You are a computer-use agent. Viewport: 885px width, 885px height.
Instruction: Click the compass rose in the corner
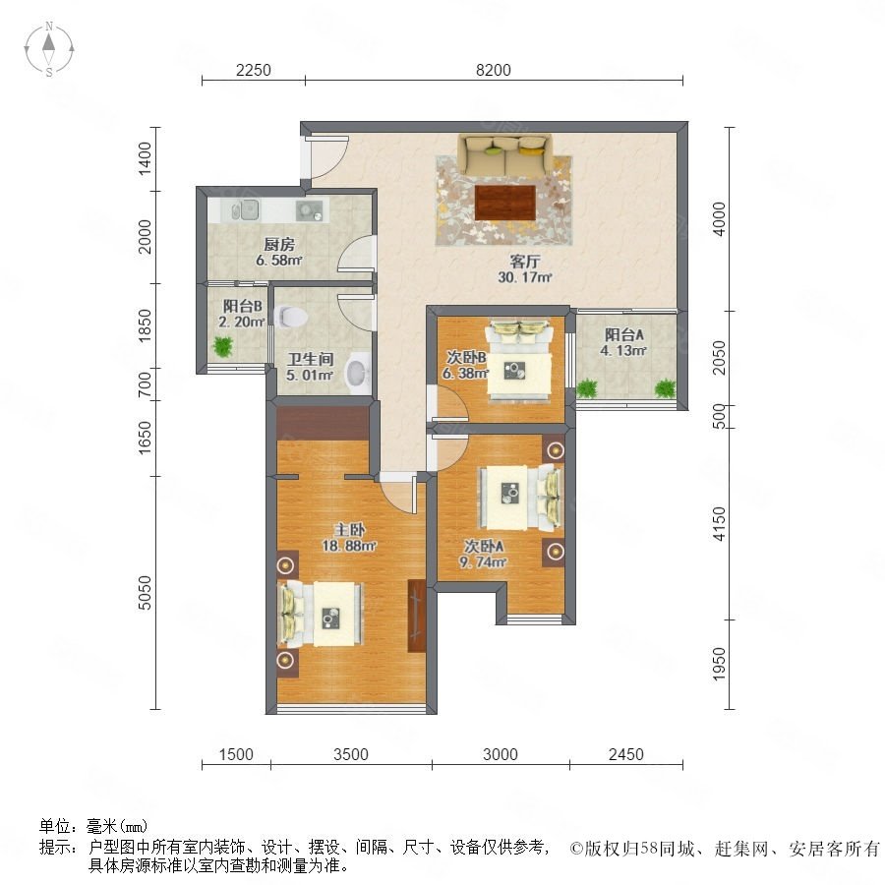[x=49, y=49]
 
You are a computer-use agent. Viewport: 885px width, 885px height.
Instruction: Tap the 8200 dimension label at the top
[x=494, y=70]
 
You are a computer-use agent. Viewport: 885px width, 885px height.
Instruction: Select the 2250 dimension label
[x=254, y=70]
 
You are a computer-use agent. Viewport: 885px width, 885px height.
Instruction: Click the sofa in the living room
[x=504, y=154]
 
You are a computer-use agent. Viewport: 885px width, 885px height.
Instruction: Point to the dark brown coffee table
[x=505, y=203]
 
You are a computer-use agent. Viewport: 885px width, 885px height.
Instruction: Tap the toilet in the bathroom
[x=290, y=317]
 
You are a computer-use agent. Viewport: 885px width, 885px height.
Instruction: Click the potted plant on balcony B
[x=223, y=346]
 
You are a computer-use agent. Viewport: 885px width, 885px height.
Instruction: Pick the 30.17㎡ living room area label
[x=524, y=277]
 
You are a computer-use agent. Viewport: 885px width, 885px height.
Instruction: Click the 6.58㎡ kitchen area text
[x=279, y=261]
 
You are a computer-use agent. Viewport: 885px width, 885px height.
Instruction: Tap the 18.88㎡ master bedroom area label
[x=349, y=546]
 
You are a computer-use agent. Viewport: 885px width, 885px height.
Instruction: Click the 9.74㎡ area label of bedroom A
[x=483, y=562]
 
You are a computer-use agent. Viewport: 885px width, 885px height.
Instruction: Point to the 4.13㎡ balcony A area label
[x=623, y=350]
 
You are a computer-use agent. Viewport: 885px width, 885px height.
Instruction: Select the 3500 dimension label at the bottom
[x=350, y=754]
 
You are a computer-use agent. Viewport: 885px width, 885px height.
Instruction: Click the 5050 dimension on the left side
[x=146, y=593]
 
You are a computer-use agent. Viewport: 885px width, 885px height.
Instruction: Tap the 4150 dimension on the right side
[x=719, y=524]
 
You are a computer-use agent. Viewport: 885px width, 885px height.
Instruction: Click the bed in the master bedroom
[x=320, y=614]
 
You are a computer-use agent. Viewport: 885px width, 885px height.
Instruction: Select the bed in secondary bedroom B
[x=519, y=360]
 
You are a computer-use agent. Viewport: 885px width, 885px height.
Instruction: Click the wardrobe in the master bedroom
[x=417, y=616]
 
